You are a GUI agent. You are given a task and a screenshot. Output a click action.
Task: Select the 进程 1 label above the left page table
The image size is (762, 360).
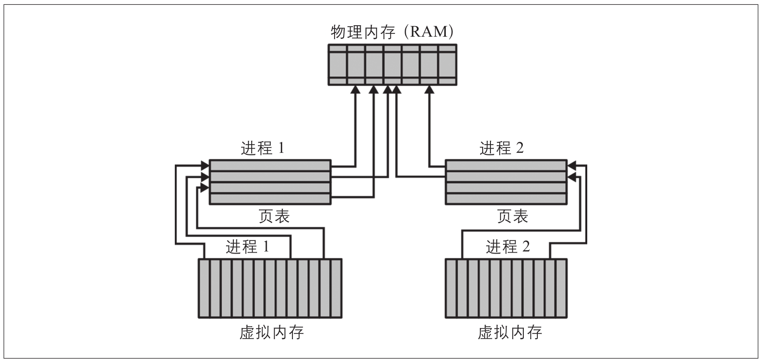[262, 148]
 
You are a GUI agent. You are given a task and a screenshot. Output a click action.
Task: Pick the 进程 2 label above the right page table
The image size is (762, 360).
[502, 148]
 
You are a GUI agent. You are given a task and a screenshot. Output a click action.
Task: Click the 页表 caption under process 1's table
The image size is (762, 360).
[274, 216]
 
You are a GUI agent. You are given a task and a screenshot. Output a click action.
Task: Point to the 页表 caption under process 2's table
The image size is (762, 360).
[513, 216]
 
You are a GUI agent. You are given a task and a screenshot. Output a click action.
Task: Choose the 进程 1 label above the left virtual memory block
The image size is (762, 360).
[247, 247]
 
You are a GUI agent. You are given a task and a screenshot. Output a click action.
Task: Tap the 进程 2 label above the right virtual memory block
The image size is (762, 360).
[508, 247]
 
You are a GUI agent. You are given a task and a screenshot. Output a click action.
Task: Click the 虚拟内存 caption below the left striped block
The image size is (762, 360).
[272, 333]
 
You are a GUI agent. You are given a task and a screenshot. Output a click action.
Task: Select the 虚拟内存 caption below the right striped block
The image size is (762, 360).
[510, 333]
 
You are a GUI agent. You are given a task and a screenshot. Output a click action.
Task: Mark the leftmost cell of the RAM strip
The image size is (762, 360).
[338, 65]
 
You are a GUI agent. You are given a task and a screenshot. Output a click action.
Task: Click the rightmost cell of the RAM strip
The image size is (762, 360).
[447, 65]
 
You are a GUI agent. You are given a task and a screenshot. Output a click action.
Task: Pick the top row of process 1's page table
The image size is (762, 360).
[270, 165]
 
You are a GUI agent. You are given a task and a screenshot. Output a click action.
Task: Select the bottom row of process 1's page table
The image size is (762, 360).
[270, 198]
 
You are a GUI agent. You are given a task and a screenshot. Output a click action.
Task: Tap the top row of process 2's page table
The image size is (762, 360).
[506, 165]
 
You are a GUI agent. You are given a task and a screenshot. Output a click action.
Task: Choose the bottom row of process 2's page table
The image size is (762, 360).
[506, 198]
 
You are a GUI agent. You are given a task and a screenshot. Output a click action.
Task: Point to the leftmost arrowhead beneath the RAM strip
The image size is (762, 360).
[356, 90]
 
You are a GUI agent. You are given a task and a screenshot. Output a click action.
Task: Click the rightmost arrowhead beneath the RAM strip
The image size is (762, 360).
[429, 90]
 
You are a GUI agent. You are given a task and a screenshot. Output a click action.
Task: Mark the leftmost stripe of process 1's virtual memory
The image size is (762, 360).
[204, 288]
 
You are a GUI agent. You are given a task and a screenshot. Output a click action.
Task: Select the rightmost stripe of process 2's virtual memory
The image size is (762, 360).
[561, 288]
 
